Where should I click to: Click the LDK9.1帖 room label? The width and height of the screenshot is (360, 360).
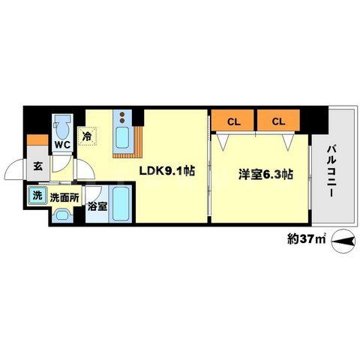coord(166,172)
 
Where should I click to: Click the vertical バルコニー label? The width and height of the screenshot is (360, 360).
coord(330,172)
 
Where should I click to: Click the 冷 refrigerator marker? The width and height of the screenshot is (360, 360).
coord(88,137)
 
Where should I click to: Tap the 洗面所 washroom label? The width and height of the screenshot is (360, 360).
coord(64,198)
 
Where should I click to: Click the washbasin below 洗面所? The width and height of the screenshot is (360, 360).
coord(63,216)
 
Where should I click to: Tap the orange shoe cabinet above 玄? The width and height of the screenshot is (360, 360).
coord(35,139)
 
